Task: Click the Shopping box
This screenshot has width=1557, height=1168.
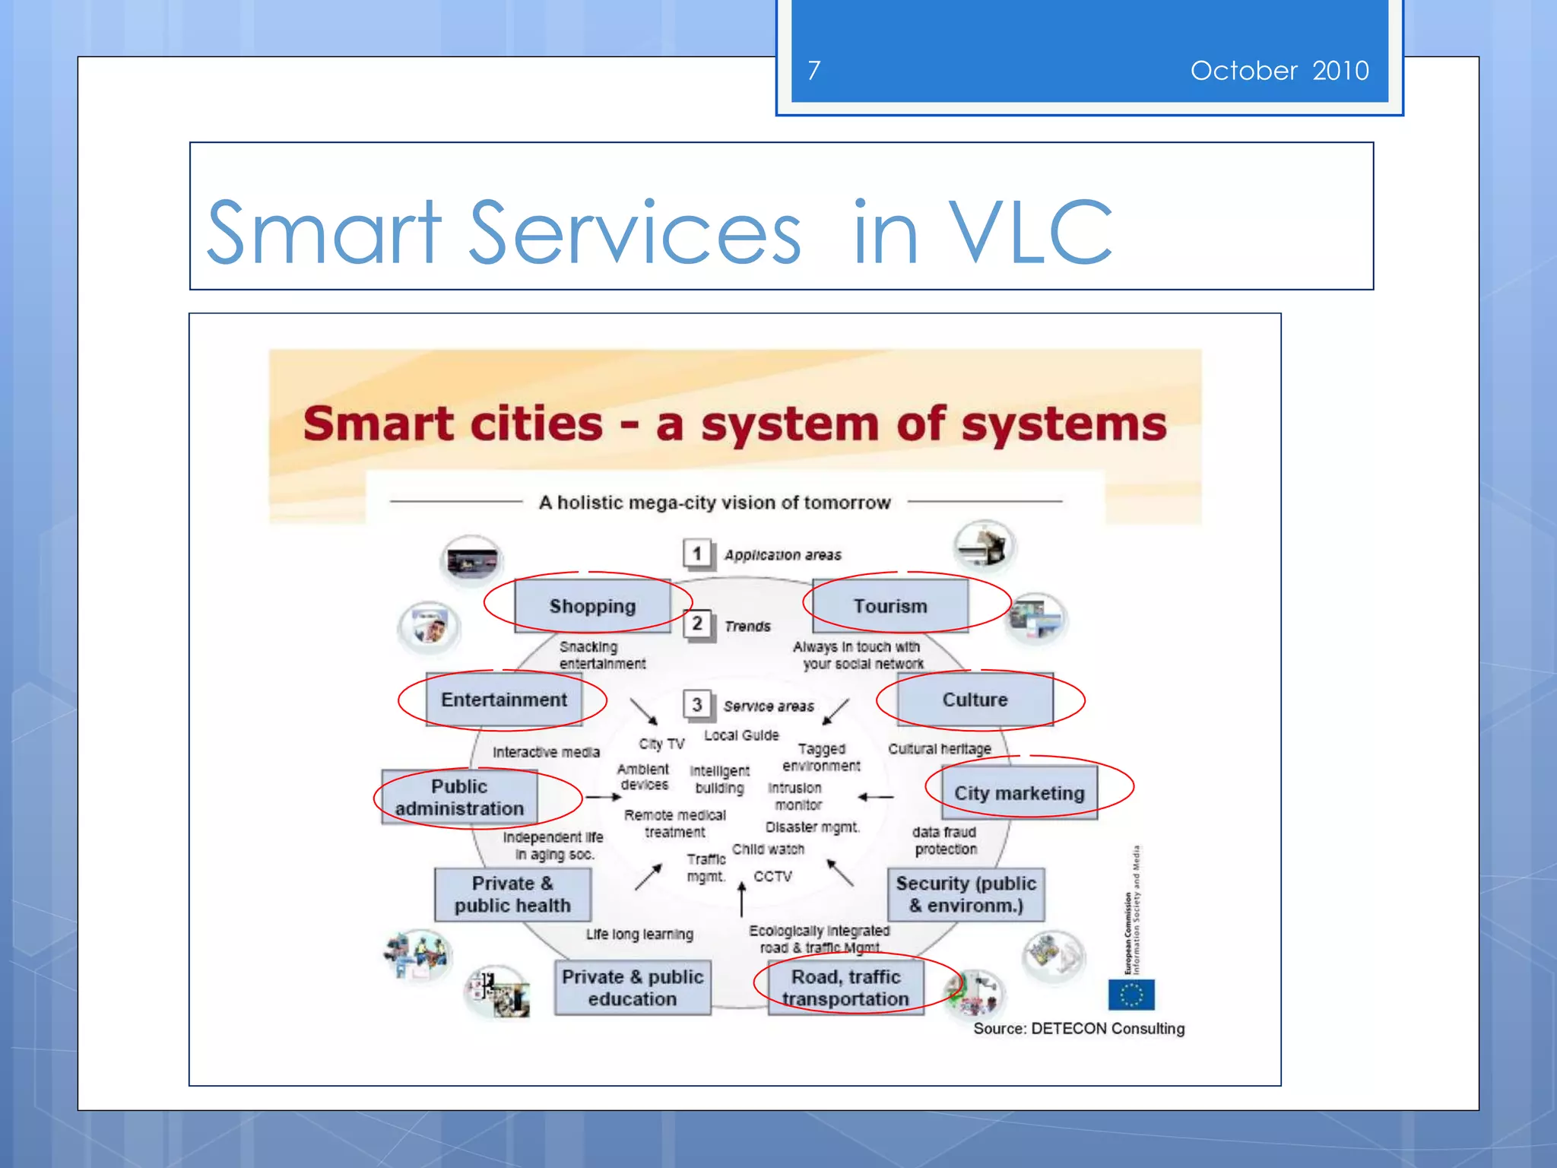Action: pyautogui.click(x=592, y=606)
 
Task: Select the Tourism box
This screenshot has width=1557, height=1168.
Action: pyautogui.click(x=890, y=606)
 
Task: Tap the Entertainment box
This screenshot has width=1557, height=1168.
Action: pyautogui.click(x=504, y=700)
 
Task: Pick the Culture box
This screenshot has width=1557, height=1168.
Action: pyautogui.click(x=975, y=700)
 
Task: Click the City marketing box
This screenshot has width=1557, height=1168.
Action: pyautogui.click(x=1019, y=793)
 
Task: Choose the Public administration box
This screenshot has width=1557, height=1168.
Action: pyautogui.click(x=459, y=797)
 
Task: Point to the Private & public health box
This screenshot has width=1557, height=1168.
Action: pyautogui.click(x=512, y=894)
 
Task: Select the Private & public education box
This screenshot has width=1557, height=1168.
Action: pyautogui.click(x=633, y=988)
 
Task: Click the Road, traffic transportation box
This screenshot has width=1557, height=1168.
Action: pyautogui.click(x=845, y=988)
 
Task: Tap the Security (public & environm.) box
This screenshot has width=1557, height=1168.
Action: pyautogui.click(x=966, y=894)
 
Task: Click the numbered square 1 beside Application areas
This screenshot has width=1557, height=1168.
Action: pyautogui.click(x=697, y=554)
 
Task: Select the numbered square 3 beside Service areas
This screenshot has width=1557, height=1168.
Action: pyautogui.click(x=697, y=705)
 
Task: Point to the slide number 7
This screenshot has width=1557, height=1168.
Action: pyautogui.click(x=814, y=71)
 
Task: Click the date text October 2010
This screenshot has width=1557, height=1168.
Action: pyautogui.click(x=1279, y=71)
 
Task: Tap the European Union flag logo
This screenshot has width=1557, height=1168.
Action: pyautogui.click(x=1131, y=994)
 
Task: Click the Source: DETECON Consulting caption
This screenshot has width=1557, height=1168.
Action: pyautogui.click(x=1079, y=1029)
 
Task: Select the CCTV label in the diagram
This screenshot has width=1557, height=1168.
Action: pyautogui.click(x=772, y=877)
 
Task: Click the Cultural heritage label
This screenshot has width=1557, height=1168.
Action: pyautogui.click(x=940, y=749)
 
